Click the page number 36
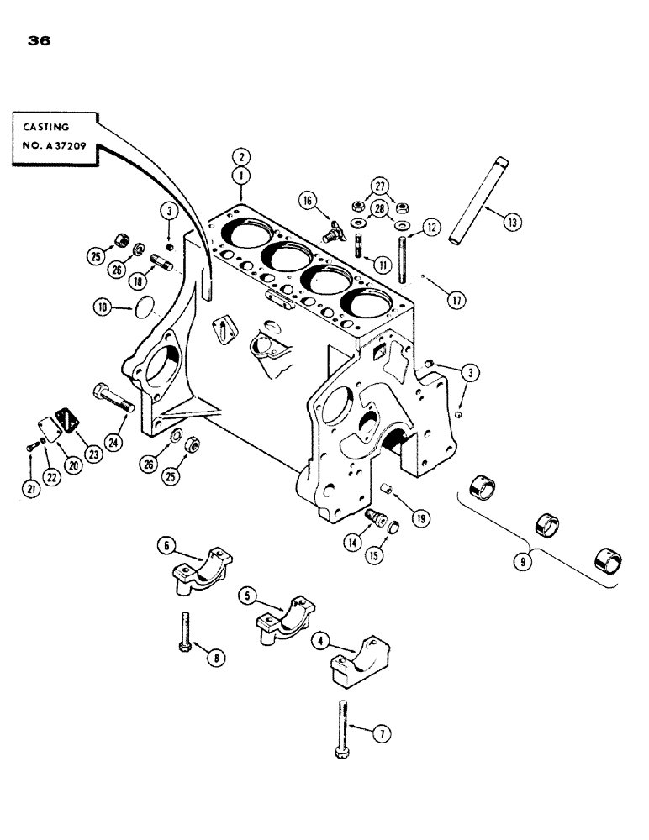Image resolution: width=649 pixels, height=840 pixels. point(39,39)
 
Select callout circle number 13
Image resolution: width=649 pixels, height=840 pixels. point(512,222)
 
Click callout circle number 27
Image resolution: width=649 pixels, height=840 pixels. point(380,186)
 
